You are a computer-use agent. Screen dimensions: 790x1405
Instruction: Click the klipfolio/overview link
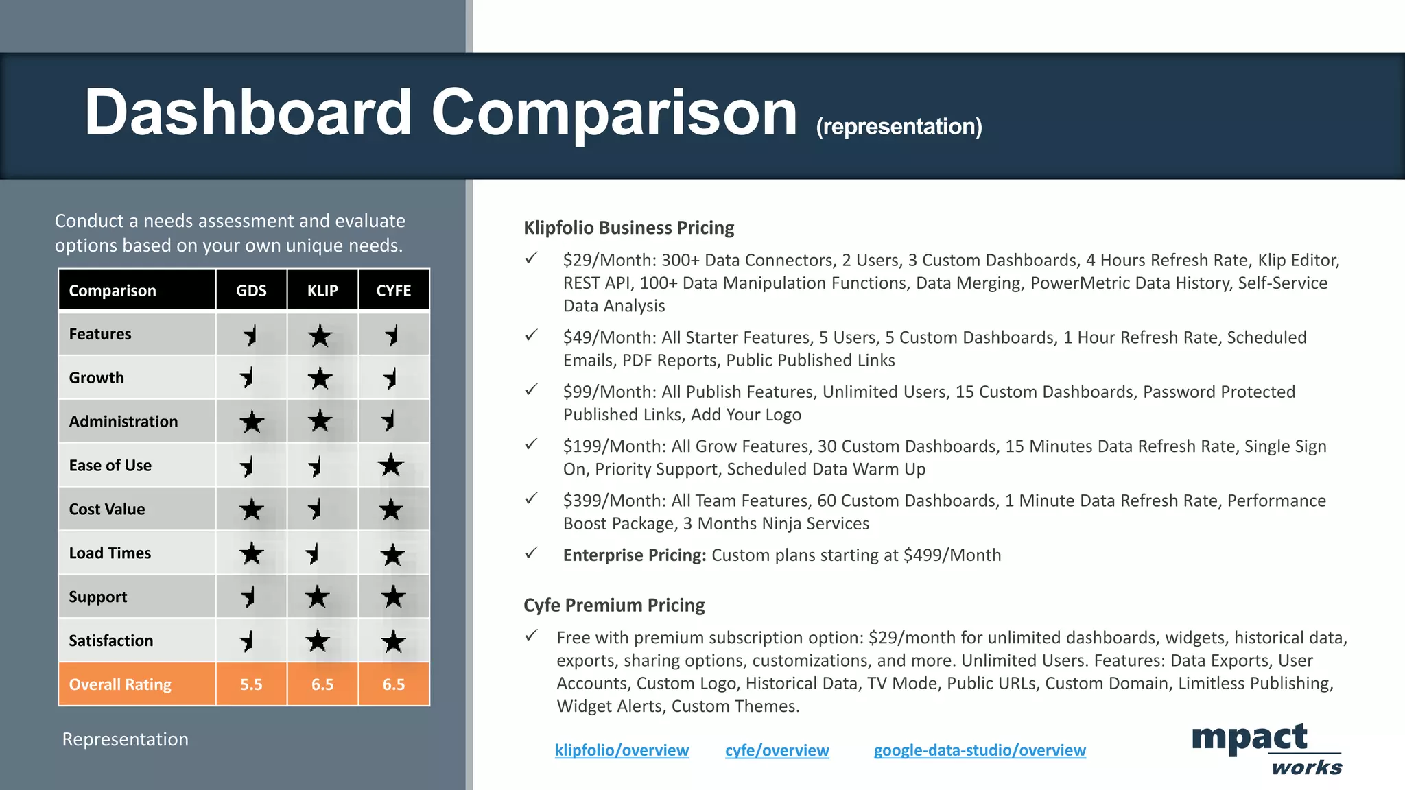(x=622, y=750)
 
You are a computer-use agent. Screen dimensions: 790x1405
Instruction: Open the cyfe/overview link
(x=777, y=750)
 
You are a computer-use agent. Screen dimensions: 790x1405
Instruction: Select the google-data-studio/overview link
(x=980, y=750)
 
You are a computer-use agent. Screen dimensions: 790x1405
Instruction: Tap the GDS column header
(x=251, y=290)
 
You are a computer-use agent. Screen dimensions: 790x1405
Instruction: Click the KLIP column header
(x=322, y=290)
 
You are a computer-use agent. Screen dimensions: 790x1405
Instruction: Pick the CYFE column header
(x=394, y=290)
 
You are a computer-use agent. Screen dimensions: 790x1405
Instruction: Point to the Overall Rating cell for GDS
(x=251, y=684)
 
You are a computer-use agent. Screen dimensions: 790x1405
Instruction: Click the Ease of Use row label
(x=110, y=466)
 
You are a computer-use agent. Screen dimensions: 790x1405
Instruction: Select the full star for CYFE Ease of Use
(x=391, y=466)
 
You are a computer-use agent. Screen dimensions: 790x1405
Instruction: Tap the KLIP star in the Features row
(x=320, y=336)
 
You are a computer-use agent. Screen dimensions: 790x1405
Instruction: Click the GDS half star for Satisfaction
(x=248, y=641)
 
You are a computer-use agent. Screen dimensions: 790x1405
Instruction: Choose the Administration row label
(x=123, y=422)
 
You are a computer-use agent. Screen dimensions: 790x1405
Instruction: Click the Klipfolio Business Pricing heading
(x=628, y=228)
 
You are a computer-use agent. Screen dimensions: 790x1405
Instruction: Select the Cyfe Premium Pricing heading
(x=614, y=606)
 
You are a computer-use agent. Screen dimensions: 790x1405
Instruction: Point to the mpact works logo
(x=1266, y=749)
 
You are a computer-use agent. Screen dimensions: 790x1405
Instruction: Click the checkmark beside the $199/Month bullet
(x=531, y=444)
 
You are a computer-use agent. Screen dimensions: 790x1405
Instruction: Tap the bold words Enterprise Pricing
(x=634, y=555)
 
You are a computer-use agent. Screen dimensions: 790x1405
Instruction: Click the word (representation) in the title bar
(x=899, y=127)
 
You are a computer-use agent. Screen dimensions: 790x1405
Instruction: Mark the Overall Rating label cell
(x=120, y=684)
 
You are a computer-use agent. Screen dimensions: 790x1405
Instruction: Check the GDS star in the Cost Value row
(x=251, y=510)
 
